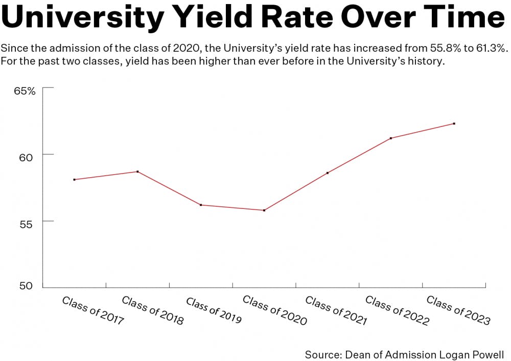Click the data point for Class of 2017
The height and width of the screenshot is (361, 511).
(75, 180)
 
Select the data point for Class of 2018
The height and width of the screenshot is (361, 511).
(137, 172)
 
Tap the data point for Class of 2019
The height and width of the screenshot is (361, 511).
(201, 205)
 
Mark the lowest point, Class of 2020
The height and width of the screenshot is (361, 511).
(264, 210)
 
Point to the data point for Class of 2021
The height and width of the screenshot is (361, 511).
(328, 173)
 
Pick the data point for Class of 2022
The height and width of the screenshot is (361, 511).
(391, 138)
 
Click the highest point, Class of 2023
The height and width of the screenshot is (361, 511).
(454, 123)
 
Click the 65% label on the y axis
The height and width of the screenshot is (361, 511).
(25, 92)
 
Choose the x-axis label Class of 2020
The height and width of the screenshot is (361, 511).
(275, 310)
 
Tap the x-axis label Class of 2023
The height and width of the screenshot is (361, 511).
(458, 310)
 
